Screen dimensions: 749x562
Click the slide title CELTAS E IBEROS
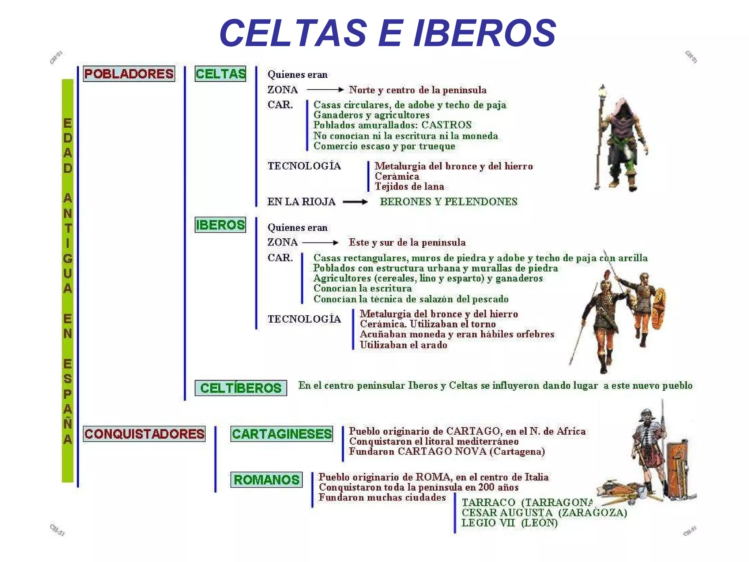coord(388,33)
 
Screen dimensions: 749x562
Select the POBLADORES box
coord(129,74)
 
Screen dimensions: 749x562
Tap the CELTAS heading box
coord(221,74)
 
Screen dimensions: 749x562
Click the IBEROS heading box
coord(220,225)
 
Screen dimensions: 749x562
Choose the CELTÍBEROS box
coord(241,388)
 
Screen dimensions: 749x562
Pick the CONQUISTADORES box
coord(144,434)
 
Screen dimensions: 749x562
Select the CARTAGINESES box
coord(282,434)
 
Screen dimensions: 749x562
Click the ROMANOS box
coord(266,480)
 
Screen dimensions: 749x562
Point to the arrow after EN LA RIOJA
coord(355,202)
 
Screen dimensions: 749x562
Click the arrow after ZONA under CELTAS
coord(325,90)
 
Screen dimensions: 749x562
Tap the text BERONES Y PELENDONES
coord(448,202)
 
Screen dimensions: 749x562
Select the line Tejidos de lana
coord(409,187)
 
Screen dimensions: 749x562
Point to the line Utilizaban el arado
coord(403,345)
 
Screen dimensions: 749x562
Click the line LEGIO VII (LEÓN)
coord(509,523)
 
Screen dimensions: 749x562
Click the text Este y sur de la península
coord(407,243)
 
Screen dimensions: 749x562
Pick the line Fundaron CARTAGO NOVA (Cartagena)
coord(447,452)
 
